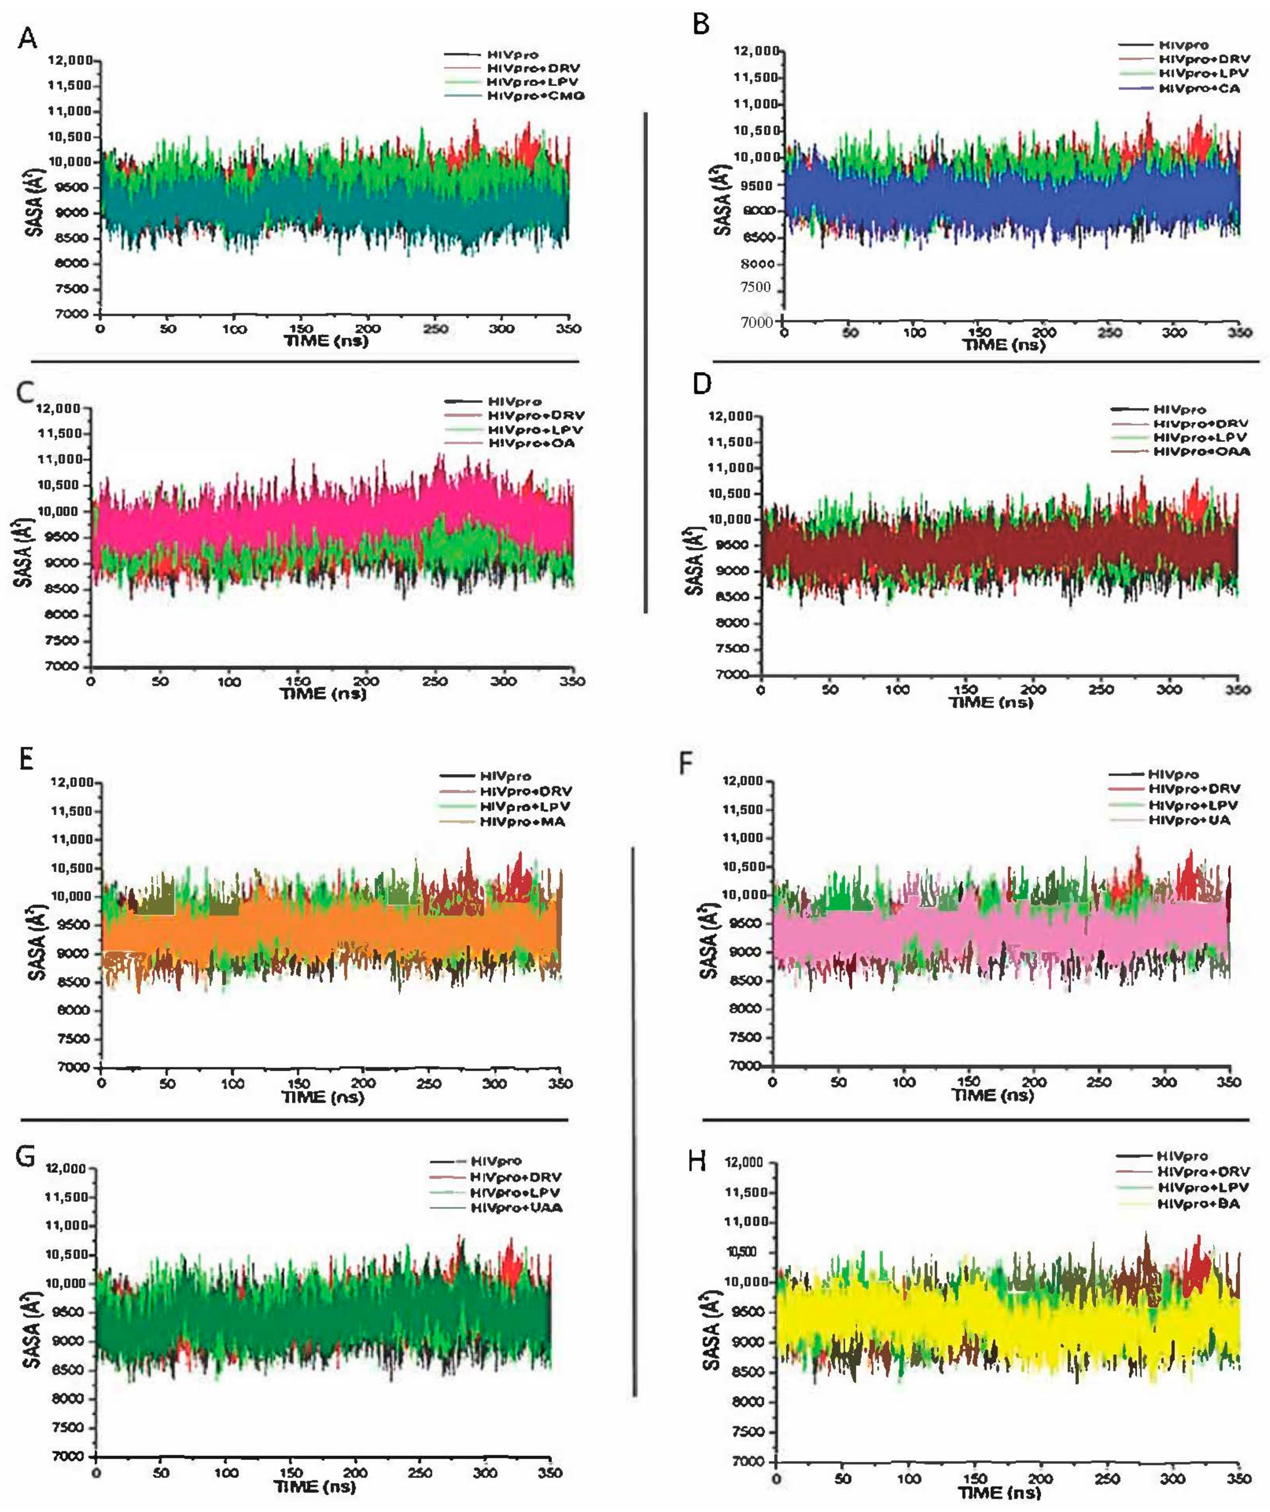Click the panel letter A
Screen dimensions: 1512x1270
[x=27, y=38]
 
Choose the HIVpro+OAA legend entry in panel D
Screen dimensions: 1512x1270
[x=1201, y=452]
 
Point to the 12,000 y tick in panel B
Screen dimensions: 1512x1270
[x=755, y=51]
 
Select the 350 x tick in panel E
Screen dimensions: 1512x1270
[x=561, y=1083]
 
